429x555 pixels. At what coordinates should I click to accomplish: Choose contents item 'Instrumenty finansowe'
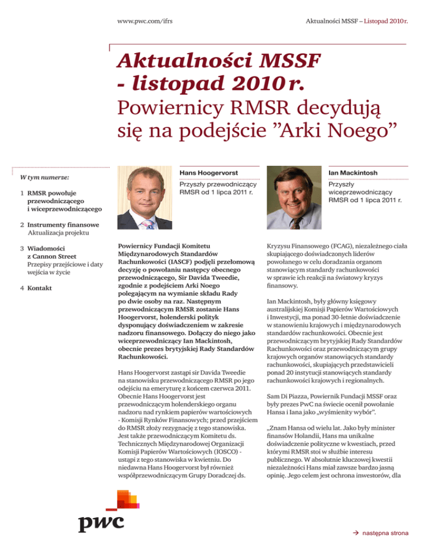pyautogui.click(x=66, y=224)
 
